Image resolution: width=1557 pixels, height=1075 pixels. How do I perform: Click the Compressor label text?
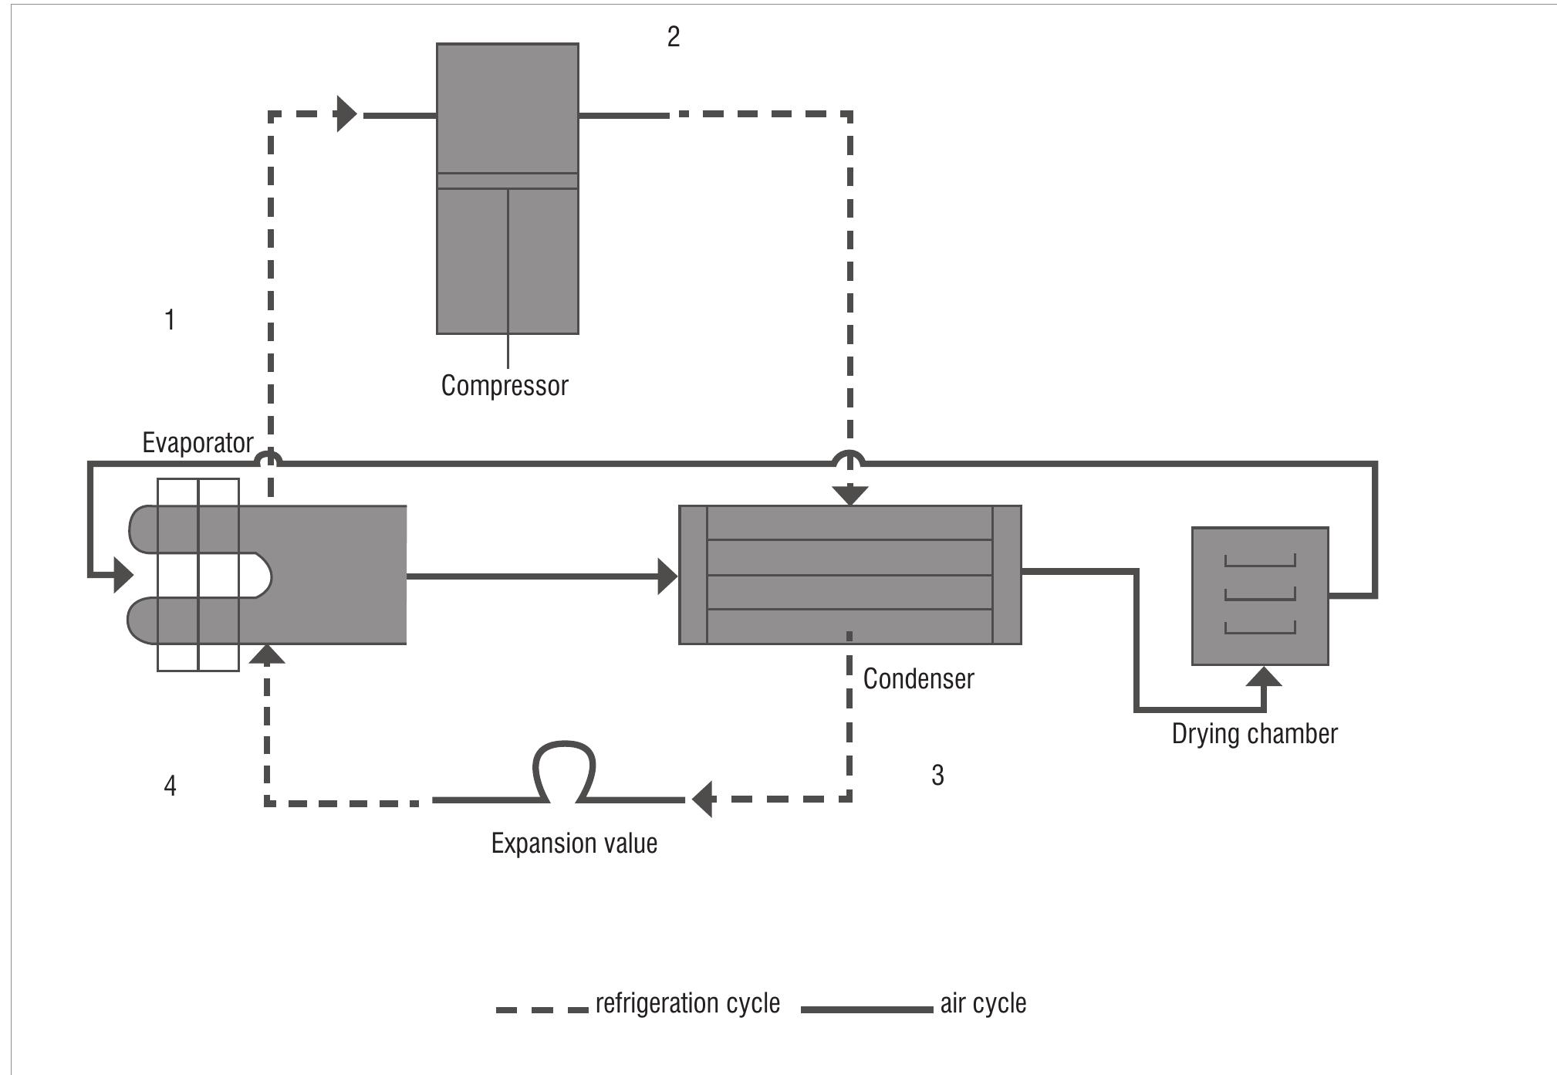(x=504, y=385)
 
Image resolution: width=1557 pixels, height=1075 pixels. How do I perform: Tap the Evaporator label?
(x=198, y=443)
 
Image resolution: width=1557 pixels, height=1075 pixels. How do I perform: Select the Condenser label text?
(x=918, y=679)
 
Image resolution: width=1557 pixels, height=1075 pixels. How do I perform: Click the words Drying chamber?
(x=1254, y=733)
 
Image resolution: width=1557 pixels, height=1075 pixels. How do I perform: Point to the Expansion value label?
(x=574, y=843)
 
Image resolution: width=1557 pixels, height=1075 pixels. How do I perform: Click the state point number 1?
(x=170, y=319)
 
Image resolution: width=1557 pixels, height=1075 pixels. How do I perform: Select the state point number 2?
(x=674, y=37)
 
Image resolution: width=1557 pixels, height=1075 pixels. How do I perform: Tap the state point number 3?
(x=937, y=775)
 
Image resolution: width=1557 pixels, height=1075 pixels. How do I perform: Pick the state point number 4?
(x=170, y=786)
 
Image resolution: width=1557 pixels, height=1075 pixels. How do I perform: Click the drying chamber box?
(x=1259, y=596)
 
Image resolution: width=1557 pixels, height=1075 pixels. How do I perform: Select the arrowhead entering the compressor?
(x=347, y=114)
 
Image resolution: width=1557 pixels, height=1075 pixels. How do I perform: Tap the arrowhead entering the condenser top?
(x=849, y=495)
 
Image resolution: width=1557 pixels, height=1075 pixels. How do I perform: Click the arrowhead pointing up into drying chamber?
(x=1264, y=677)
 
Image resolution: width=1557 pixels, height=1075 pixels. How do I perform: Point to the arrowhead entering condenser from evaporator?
(x=667, y=576)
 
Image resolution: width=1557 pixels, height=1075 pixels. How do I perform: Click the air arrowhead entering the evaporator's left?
(x=123, y=575)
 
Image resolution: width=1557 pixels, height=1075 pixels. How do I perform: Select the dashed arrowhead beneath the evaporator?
(x=268, y=654)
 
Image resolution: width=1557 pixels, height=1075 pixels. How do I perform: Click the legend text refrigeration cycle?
(x=687, y=1003)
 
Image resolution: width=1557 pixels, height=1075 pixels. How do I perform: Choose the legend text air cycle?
(x=983, y=1003)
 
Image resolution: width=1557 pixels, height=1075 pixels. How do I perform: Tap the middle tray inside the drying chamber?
(x=1259, y=595)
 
